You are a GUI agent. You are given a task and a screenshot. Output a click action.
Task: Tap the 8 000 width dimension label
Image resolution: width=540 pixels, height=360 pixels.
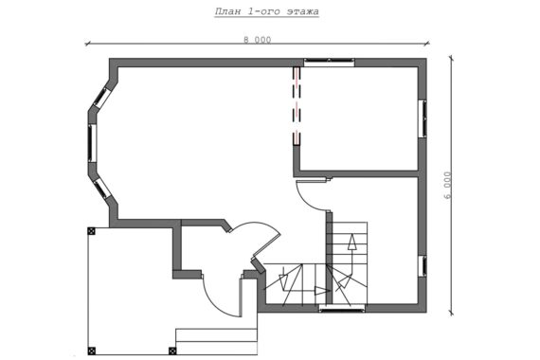tap(258, 40)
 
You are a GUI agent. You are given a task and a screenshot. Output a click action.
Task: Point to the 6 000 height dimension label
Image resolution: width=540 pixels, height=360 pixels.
tap(447, 186)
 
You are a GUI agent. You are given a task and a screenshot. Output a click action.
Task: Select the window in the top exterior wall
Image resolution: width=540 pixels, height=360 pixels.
tap(330, 63)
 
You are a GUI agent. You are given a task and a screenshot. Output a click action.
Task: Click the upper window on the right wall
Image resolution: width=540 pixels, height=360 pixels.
tap(423, 118)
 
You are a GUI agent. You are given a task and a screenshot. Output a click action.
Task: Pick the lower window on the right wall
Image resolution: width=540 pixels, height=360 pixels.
tap(423, 266)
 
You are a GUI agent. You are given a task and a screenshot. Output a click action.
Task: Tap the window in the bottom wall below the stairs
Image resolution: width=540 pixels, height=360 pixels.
tap(342, 309)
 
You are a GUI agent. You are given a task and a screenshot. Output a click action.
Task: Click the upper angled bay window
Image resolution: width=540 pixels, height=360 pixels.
tap(102, 97)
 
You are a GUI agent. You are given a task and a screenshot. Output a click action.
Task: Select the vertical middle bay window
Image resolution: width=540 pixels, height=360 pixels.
tap(92, 143)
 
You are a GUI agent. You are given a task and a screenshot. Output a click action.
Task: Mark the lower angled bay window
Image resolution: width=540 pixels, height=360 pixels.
tap(102, 189)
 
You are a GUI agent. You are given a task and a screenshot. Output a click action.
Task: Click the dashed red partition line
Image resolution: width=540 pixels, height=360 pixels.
tap(297, 105)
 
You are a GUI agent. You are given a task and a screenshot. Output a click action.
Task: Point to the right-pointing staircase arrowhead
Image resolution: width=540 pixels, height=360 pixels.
tap(322, 291)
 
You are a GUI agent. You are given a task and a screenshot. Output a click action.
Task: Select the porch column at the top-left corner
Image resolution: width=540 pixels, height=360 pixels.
tap(91, 231)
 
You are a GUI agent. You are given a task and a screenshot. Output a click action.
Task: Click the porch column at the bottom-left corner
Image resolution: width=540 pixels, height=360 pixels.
tap(91, 351)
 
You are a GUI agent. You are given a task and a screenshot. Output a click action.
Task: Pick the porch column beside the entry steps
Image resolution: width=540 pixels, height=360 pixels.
tap(172, 351)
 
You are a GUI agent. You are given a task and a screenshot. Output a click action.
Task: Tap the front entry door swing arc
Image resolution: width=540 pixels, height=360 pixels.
tap(213, 302)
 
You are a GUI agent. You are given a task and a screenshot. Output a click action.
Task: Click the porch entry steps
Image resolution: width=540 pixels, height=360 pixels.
tap(216, 341)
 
